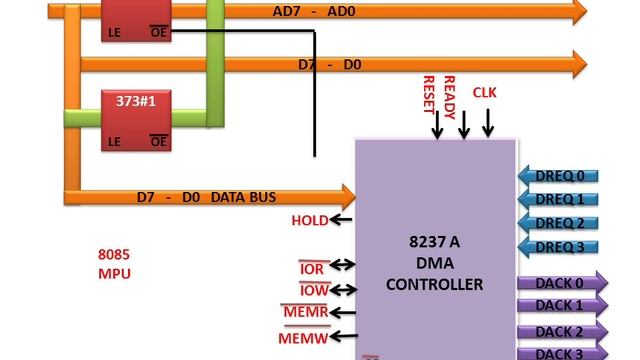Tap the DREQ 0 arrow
click(559, 177)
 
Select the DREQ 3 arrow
click(559, 246)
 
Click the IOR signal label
click(313, 267)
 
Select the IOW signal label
click(313, 291)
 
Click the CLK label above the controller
click(484, 93)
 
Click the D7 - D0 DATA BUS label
click(206, 196)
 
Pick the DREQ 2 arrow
click(559, 223)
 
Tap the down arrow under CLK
click(488, 123)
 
